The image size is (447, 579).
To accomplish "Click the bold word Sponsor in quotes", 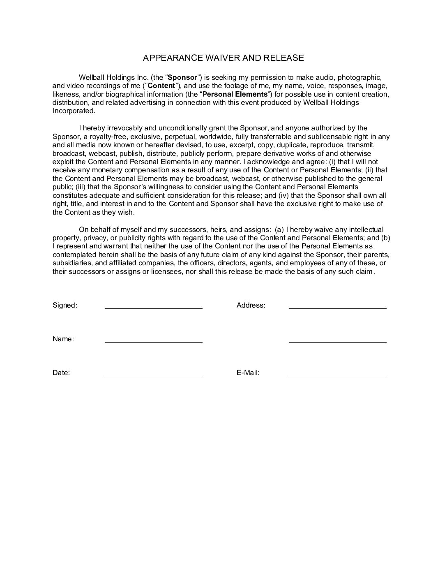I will pyautogui.click(x=182, y=77).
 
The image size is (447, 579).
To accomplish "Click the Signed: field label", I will pyautogui.click(x=65, y=306).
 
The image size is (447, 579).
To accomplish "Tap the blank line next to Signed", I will pyautogui.click(x=154, y=307).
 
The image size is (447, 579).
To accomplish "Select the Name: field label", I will pyautogui.click(x=63, y=339).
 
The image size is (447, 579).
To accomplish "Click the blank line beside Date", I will pyautogui.click(x=154, y=375).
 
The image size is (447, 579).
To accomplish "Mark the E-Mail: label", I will pyautogui.click(x=248, y=373).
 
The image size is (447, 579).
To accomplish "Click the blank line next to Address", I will pyautogui.click(x=338, y=307).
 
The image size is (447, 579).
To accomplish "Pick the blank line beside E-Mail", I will pyautogui.click(x=338, y=375).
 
